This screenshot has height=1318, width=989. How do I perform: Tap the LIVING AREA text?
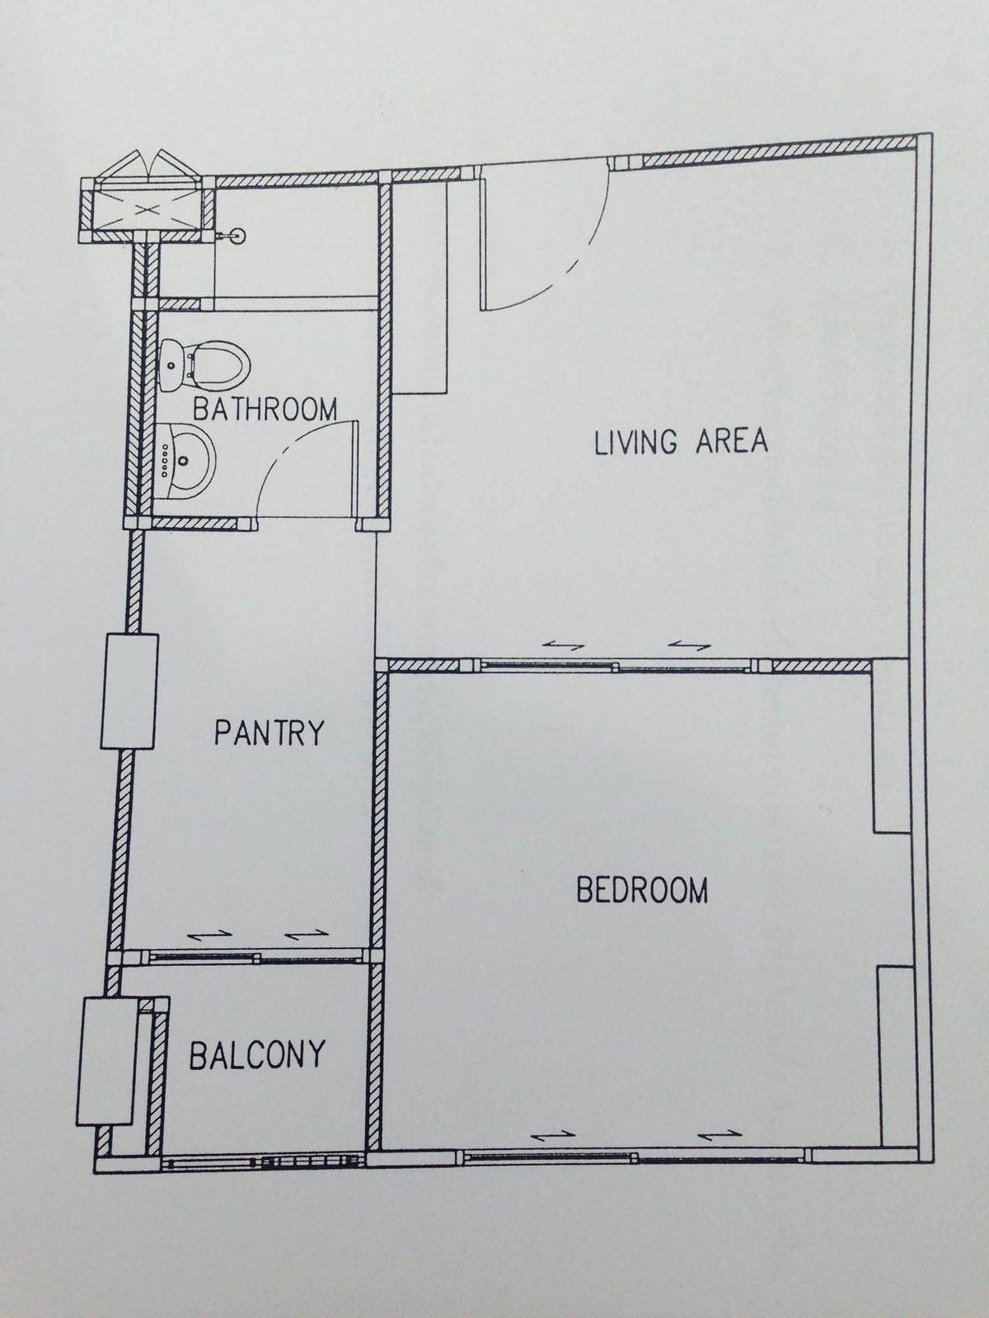[x=681, y=442]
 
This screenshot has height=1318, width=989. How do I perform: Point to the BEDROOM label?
[x=642, y=890]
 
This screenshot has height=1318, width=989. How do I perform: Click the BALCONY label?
[x=257, y=1054]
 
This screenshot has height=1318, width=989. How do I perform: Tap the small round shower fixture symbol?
[x=237, y=236]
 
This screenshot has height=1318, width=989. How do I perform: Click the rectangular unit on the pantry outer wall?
[x=129, y=691]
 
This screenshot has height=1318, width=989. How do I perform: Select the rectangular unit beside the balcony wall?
[x=106, y=1059]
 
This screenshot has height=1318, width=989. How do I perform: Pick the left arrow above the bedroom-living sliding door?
[x=563, y=646]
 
